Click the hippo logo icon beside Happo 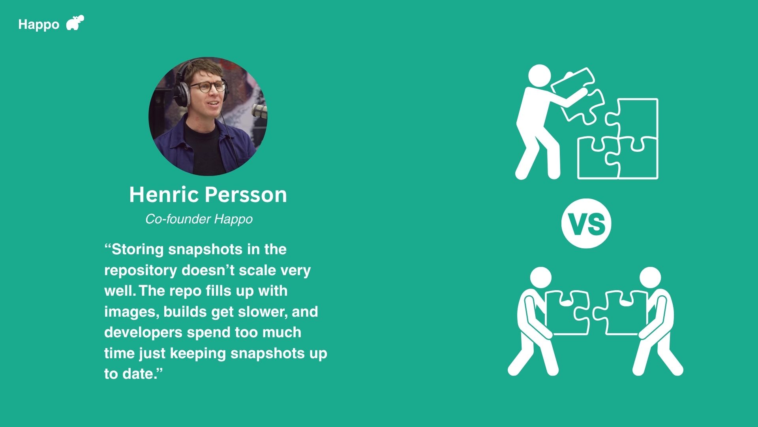click(75, 23)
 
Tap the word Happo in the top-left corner click(39, 25)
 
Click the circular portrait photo click(208, 117)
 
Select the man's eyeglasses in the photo click(207, 87)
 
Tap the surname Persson click(246, 195)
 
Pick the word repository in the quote click(141, 270)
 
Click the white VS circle click(586, 223)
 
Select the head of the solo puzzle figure click(539, 76)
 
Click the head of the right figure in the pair click(650, 278)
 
